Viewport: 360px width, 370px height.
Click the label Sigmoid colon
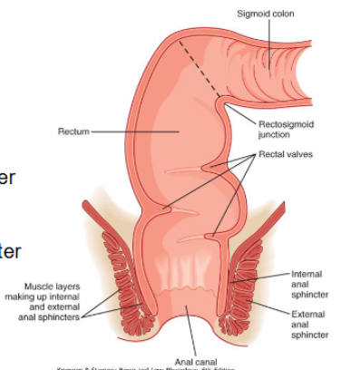pyautogui.click(x=265, y=14)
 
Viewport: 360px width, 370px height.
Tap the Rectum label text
pyautogui.click(x=73, y=131)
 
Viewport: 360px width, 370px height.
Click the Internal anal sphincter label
pyautogui.click(x=310, y=283)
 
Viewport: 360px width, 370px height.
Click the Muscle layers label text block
pyautogui.click(x=53, y=295)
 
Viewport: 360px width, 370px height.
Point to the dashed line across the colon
pyautogui.click(x=201, y=70)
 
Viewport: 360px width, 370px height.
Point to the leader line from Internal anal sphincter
pyautogui.click(x=268, y=277)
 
